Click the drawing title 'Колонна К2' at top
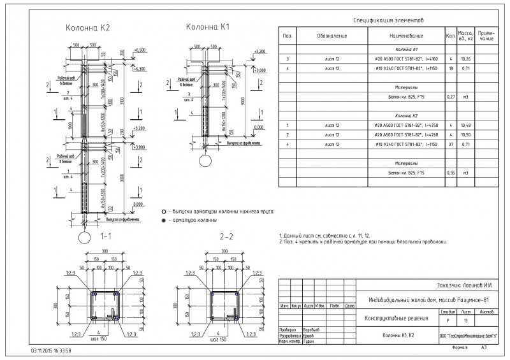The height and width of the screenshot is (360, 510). click(88, 28)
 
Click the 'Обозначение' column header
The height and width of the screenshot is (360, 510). click(332, 36)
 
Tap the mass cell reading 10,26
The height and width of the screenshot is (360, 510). click(466, 59)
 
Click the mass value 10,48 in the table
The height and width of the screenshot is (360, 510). click(466, 125)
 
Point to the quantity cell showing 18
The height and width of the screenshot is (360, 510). click(450, 68)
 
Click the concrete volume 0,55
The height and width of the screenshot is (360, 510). click(450, 173)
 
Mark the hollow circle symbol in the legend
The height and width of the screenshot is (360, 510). click(164, 210)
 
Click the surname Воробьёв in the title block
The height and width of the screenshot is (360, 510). click(310, 329)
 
